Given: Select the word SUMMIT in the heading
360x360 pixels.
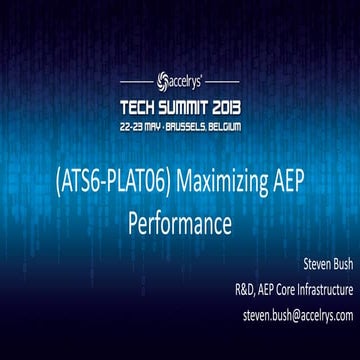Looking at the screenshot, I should tap(184, 104).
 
